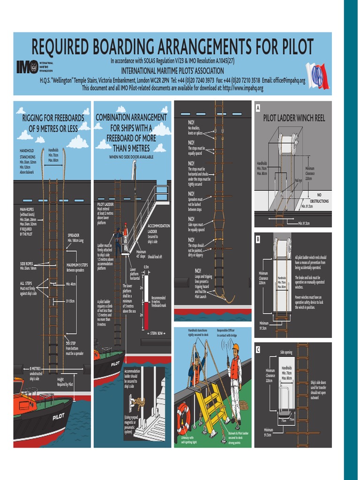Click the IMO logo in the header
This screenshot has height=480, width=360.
tap(28, 67)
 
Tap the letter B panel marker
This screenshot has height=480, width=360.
tap(257, 240)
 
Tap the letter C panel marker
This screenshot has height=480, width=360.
tap(257, 349)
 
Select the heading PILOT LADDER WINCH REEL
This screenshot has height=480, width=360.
tap(293, 119)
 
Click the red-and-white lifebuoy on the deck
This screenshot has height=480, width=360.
tap(183, 418)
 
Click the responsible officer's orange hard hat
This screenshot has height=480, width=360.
tap(236, 347)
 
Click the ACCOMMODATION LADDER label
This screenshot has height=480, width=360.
tap(158, 228)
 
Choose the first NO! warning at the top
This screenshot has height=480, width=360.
tap(191, 123)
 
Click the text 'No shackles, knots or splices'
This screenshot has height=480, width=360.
tap(196, 130)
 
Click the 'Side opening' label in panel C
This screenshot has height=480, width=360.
tap(286, 352)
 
